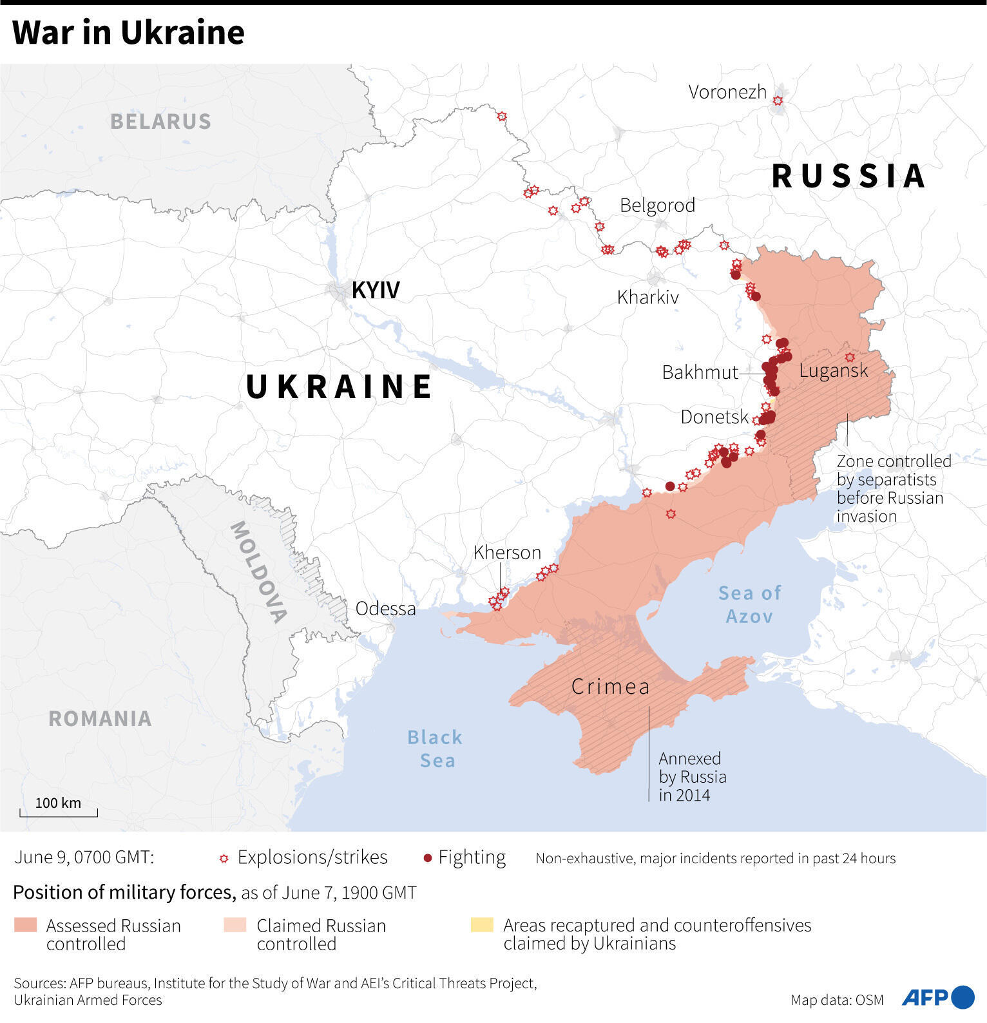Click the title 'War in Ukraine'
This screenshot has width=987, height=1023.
click(128, 33)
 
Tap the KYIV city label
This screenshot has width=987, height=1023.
click(376, 291)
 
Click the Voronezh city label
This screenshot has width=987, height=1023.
click(727, 92)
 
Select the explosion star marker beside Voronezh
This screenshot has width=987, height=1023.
click(778, 101)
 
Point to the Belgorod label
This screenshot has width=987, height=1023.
click(657, 206)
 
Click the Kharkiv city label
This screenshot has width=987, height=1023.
click(647, 297)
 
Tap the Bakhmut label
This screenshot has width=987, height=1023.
click(700, 372)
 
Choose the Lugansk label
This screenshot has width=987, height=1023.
click(833, 370)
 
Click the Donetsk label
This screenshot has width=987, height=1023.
click(714, 417)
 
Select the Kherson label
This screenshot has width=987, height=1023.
click(507, 553)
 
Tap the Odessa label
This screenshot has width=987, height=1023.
click(385, 609)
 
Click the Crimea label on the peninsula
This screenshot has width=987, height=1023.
click(610, 687)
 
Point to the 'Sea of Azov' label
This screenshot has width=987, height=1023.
click(749, 604)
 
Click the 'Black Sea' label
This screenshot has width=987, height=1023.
click(436, 749)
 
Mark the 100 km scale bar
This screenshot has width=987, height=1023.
click(59, 811)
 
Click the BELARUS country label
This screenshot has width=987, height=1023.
click(160, 122)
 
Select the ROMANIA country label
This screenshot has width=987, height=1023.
click(100, 719)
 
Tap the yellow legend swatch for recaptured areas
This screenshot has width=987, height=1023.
click(482, 926)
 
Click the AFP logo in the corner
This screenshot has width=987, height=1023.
click(937, 997)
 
